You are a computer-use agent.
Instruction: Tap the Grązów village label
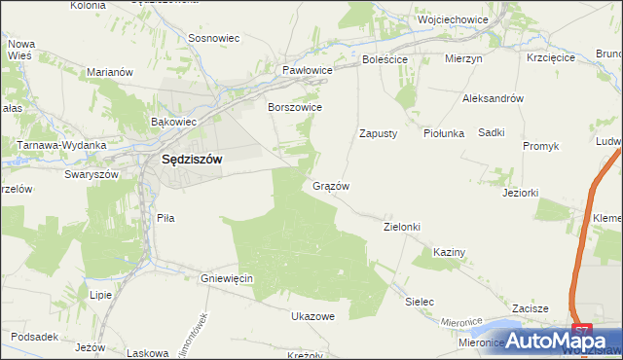[331, 185]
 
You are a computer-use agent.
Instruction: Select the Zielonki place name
[401, 227]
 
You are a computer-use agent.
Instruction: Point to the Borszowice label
[295, 107]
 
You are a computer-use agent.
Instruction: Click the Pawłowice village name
[308, 71]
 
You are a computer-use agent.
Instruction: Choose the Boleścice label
[385, 58]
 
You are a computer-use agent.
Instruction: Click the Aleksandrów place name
[494, 98]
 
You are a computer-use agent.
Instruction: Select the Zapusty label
[378, 133]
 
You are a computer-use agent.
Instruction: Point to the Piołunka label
[444, 133]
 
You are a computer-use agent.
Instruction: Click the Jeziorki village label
[520, 193]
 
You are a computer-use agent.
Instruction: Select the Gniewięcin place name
[227, 278]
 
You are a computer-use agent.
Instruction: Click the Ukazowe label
[312, 316]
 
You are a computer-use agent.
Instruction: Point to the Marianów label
[109, 72]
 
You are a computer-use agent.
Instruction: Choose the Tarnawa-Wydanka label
[60, 145]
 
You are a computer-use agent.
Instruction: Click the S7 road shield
[581, 332]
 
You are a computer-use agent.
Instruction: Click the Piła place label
[165, 219]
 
